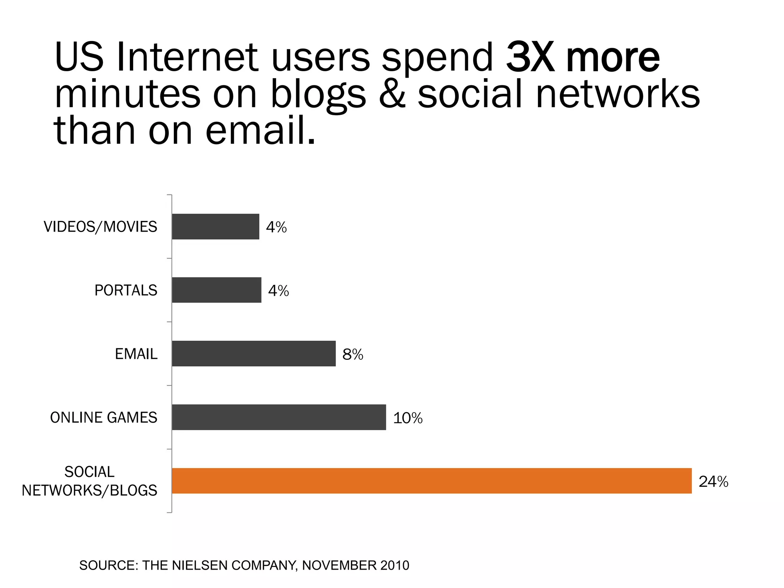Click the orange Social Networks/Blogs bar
coord(431,480)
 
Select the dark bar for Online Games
coord(279,417)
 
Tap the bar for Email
coord(253,353)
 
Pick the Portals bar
coord(216,290)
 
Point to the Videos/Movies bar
coord(215,226)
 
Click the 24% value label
coord(713,482)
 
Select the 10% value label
coord(408,418)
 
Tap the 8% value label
coord(353,354)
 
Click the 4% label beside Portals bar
coord(278,291)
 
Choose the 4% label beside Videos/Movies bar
coord(276,227)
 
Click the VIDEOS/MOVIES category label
coord(100,227)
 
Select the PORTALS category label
coord(126,291)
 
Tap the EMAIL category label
coord(136,354)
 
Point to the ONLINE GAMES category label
coord(103,418)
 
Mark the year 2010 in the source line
coord(395,565)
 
